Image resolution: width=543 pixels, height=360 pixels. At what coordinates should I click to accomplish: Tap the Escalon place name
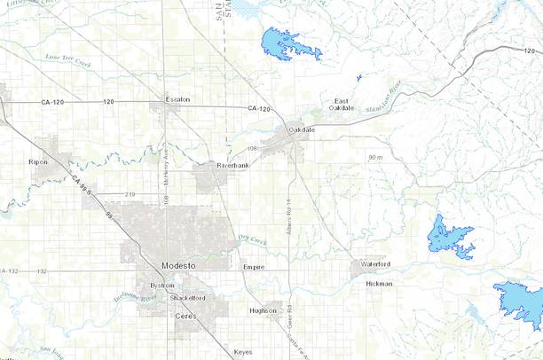click(177, 99)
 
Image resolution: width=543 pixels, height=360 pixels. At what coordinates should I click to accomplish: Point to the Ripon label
click(37, 163)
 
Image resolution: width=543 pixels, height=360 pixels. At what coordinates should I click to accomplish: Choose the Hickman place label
click(379, 284)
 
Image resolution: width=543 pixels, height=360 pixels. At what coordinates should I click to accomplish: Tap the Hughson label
click(263, 310)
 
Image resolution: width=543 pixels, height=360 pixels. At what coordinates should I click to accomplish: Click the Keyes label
click(242, 352)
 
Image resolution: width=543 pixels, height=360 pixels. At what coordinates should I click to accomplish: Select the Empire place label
click(254, 266)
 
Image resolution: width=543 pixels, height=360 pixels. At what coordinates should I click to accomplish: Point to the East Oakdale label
click(342, 104)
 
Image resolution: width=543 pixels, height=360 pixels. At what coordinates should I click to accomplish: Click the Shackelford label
click(188, 298)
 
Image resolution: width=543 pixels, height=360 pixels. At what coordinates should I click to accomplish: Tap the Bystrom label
click(162, 286)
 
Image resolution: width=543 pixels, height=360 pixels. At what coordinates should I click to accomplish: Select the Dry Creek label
click(253, 239)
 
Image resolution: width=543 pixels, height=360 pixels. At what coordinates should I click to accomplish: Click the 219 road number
click(130, 193)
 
